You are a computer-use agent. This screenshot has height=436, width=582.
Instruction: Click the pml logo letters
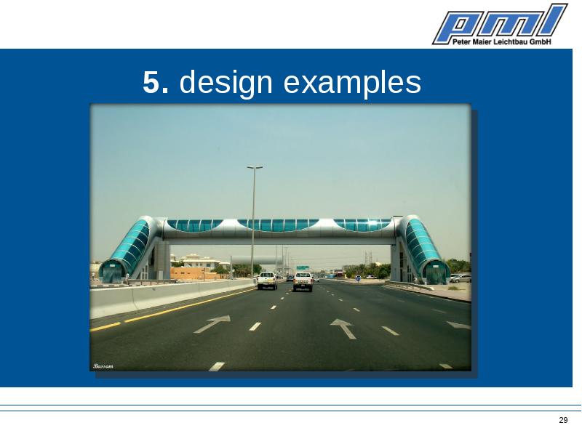pyautogui.click(x=500, y=22)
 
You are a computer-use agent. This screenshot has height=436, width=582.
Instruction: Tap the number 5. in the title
pyautogui.click(x=156, y=82)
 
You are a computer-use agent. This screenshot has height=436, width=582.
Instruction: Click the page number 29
pyautogui.click(x=563, y=420)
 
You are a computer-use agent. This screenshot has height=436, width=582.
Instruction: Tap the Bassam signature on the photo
pyautogui.click(x=103, y=366)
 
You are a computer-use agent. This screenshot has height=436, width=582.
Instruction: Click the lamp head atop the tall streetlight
pyautogui.click(x=255, y=168)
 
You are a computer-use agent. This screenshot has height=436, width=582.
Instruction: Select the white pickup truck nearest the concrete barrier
pyautogui.click(x=267, y=280)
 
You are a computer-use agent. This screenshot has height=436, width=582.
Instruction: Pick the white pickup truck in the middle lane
pyautogui.click(x=303, y=282)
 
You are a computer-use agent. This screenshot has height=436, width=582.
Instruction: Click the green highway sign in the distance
pyautogui.click(x=303, y=267)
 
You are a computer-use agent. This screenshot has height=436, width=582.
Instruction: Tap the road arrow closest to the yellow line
pyautogui.click(x=212, y=323)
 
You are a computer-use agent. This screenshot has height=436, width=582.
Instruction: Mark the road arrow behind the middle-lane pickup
pyautogui.click(x=344, y=328)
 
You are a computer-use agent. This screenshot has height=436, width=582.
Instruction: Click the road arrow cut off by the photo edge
pyautogui.click(x=459, y=325)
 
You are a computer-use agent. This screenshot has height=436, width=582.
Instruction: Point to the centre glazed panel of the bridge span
pyautogui.click(x=278, y=225)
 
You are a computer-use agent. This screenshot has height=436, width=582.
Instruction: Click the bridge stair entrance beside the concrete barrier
pyautogui.click(x=112, y=271)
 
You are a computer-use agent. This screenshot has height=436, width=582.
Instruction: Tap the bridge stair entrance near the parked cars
pyautogui.click(x=436, y=272)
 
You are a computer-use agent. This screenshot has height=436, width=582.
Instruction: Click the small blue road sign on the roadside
pyautogui.click(x=358, y=278)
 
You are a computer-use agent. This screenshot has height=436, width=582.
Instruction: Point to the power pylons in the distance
pyautogui.click(x=368, y=258)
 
